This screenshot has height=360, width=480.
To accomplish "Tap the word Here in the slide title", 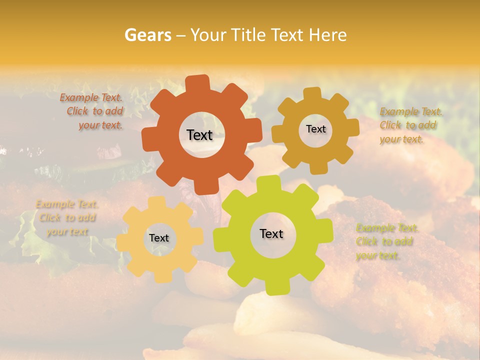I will click(328, 35).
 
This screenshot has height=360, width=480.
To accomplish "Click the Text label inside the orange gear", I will click(199, 135).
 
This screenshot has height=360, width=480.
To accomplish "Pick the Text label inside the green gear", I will click(271, 233).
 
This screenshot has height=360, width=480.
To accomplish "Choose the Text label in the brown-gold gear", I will click(315, 129).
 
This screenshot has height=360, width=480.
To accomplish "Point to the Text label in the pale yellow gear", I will click(159, 238).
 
